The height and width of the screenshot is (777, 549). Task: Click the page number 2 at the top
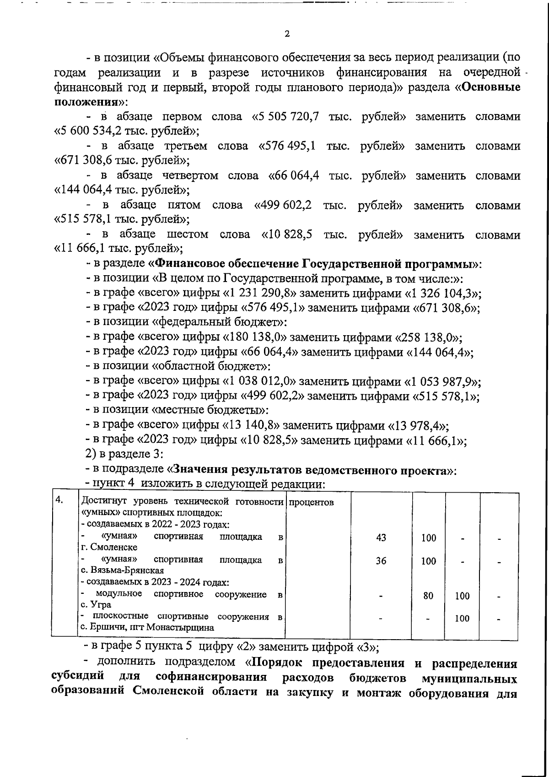[x=287, y=34]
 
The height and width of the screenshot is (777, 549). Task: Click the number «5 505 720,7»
[x=289, y=117]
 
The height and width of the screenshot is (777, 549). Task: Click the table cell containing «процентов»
[x=312, y=502]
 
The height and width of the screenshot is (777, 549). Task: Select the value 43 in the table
[x=381, y=538]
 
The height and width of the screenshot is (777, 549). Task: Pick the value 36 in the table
[x=381, y=561]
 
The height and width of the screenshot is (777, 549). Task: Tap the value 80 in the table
[x=428, y=596]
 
